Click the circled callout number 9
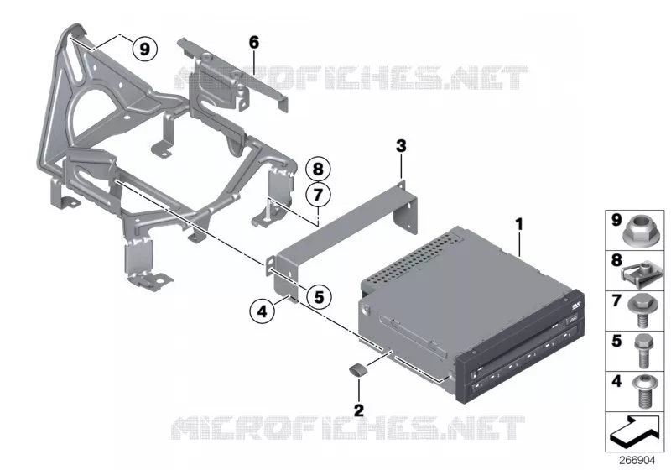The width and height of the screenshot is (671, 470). tap(145, 50)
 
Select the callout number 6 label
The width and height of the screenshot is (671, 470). tap(254, 42)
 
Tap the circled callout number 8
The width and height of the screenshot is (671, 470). tap(318, 169)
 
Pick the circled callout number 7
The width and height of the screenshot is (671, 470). tap(318, 196)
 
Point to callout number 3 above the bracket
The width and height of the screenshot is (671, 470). tap(401, 146)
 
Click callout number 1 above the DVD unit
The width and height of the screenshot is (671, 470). tap(519, 224)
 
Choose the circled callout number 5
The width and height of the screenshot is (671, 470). tap(320, 296)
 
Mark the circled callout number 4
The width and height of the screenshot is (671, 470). tap(263, 311)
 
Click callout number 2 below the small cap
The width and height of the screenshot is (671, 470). tap(359, 410)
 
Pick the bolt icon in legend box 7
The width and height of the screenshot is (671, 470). tap(642, 311)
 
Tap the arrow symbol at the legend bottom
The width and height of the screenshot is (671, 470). tap(635, 431)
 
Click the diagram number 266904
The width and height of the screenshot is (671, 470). tap(637, 460)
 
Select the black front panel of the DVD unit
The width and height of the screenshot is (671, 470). tap(520, 347)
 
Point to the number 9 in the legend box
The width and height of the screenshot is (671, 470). tap(616, 221)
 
